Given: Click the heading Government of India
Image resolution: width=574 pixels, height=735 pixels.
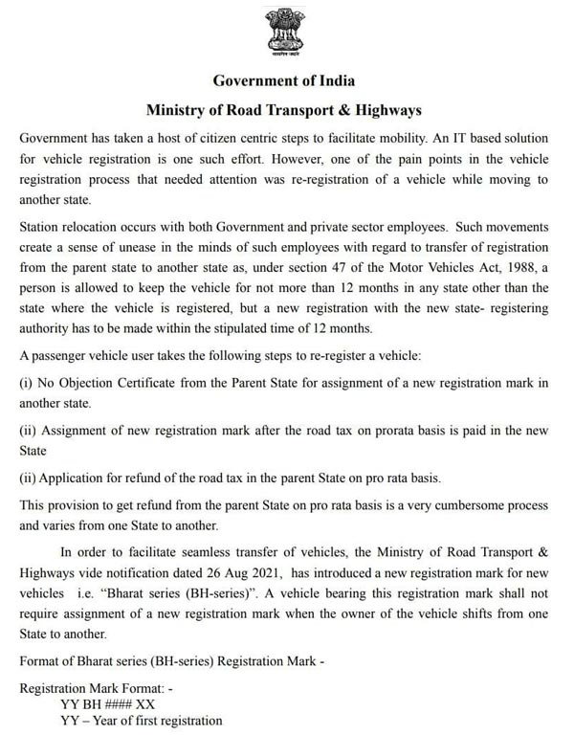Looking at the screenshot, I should pyautogui.click(x=286, y=80).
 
